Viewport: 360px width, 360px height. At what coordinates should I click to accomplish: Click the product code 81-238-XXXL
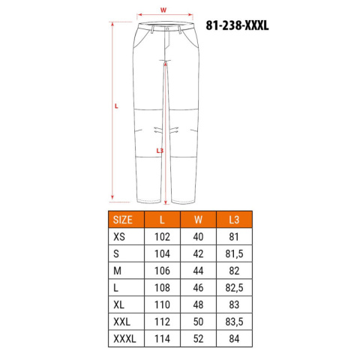tap(237, 25)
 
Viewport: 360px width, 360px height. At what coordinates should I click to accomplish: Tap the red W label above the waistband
tap(163, 10)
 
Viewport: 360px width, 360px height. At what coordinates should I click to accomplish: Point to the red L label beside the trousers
tap(116, 106)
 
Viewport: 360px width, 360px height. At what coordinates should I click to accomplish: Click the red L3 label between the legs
tap(160, 151)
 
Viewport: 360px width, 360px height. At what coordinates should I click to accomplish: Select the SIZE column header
tap(122, 220)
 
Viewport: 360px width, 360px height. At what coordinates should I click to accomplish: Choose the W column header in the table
tap(198, 220)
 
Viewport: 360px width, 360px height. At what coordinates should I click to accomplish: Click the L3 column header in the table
tap(234, 220)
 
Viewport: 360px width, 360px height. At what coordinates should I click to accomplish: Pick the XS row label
tap(119, 237)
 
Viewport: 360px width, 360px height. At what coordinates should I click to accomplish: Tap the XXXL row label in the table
tap(124, 339)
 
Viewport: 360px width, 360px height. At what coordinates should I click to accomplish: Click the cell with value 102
tap(162, 237)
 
